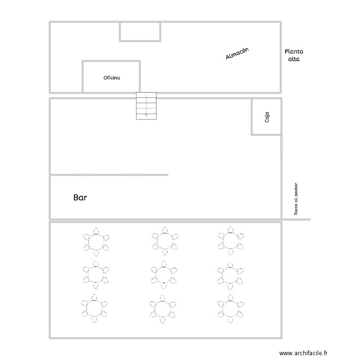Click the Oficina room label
click(111, 77)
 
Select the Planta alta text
click(294, 55)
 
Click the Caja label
click(267, 117)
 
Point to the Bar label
click(80, 197)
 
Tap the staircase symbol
click(146, 105)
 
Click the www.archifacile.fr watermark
click(305, 352)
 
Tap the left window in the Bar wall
click(83, 175)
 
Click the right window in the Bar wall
click(134, 175)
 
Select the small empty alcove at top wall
click(140, 31)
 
